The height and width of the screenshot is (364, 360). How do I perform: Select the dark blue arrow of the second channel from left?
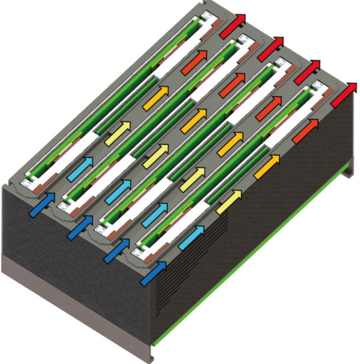[80, 227]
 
